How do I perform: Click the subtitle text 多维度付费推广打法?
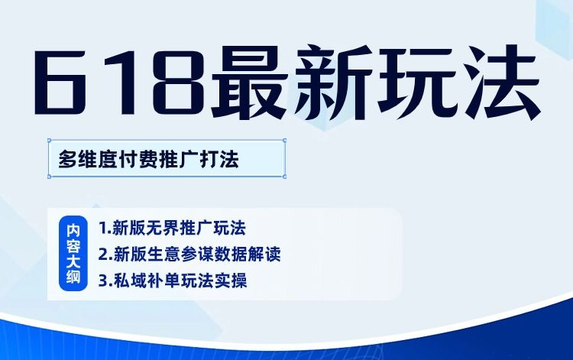point(149,160)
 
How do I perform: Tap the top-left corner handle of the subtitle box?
point(50,140)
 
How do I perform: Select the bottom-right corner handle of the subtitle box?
point(284,177)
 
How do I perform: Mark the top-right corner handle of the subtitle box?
point(284,140)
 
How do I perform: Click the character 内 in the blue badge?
point(73,230)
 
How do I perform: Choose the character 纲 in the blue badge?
point(73,277)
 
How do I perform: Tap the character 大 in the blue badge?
point(73,261)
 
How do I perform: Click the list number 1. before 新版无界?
point(105,228)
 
